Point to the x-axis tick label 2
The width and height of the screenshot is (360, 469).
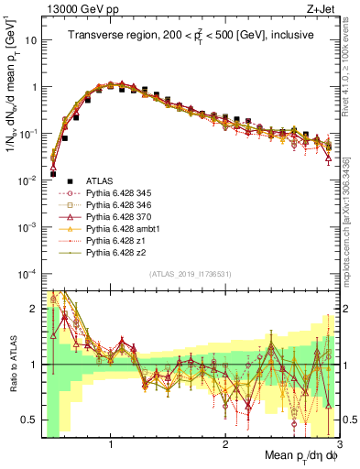pos(224,445)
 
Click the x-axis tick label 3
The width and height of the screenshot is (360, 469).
pos(338,445)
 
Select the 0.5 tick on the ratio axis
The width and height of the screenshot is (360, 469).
pos(29,420)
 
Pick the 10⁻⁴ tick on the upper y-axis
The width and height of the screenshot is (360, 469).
pos(26,274)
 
